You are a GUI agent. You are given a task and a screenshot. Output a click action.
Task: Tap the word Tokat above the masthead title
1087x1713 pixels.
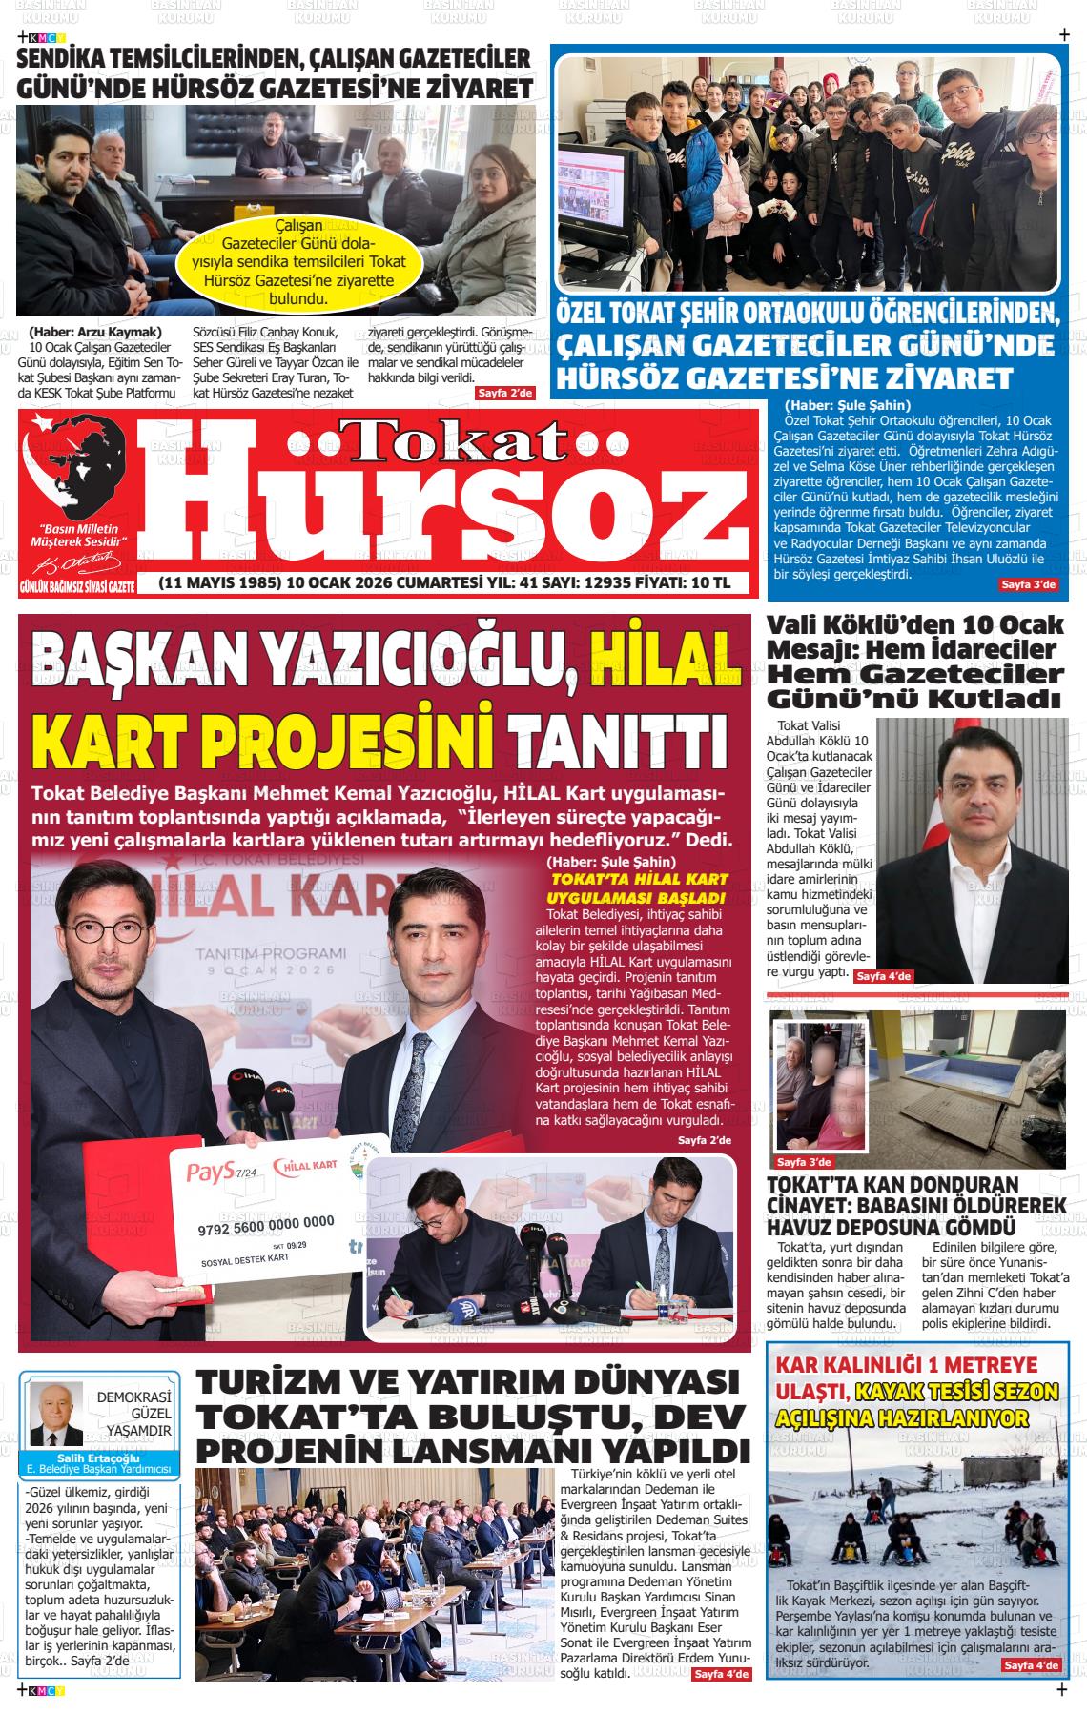449,440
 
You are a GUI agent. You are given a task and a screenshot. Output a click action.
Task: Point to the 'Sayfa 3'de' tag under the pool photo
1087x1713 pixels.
804,1162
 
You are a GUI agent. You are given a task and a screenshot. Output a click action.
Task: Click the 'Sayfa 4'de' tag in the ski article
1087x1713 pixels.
1030,1665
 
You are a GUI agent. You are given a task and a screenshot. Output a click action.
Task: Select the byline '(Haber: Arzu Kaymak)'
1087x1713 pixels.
95,332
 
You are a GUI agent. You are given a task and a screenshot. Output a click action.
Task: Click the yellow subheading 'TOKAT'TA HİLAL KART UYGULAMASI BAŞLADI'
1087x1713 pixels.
634,888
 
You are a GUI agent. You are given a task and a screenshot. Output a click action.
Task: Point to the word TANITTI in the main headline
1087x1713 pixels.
616,740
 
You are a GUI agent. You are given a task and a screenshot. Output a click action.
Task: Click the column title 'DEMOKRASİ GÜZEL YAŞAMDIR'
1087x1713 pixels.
133,1415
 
